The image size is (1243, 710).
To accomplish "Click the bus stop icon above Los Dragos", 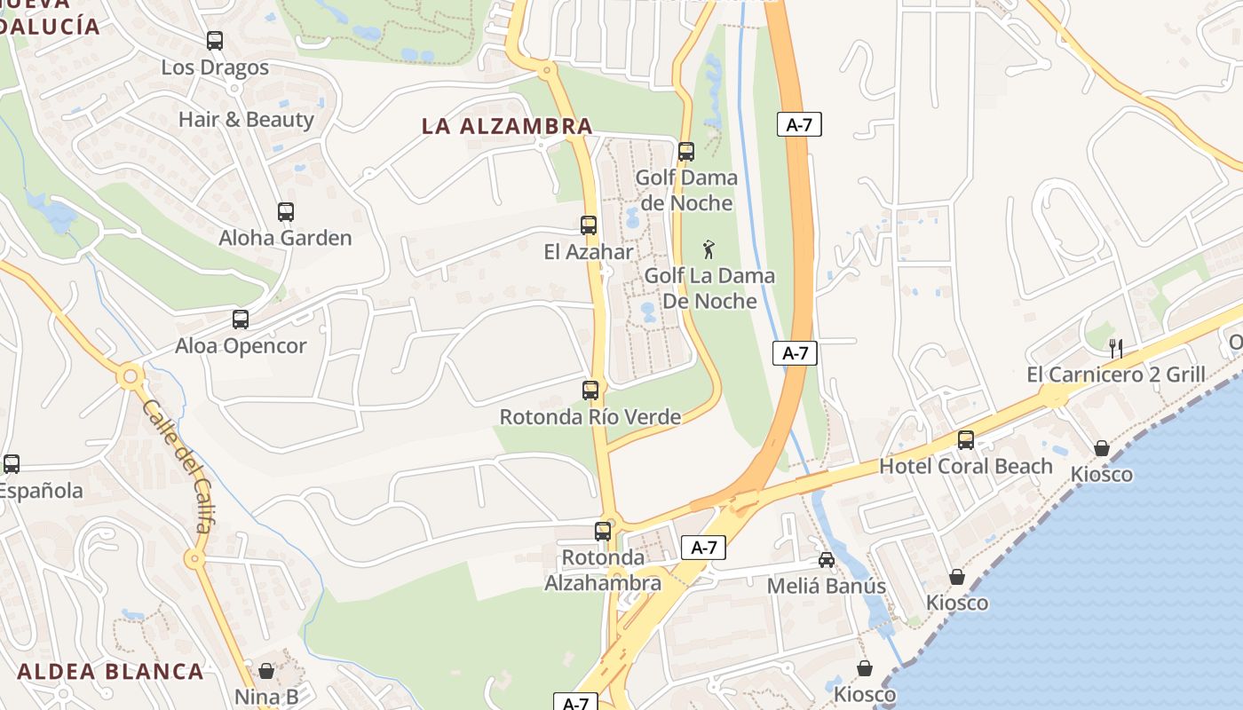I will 215,41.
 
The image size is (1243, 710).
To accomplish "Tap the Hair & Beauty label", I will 246,120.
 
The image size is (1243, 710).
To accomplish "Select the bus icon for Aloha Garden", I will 285,212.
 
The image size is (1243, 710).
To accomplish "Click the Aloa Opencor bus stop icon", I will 241,319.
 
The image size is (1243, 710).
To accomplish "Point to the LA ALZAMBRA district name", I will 507,126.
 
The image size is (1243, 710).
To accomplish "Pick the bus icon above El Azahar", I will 589,225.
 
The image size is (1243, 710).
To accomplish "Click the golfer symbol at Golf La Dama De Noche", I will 709,249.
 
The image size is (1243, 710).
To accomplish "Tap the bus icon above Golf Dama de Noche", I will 686,152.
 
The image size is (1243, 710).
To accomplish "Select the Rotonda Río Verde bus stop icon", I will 590,390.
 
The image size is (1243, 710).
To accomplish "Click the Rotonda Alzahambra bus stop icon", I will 603,532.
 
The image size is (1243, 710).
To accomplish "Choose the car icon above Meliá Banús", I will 827,560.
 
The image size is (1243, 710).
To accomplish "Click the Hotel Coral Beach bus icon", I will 966,439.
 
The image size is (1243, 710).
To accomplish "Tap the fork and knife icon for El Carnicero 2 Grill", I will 1116,348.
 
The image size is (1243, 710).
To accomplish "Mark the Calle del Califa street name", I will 178,467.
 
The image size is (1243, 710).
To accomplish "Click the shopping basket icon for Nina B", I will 266,671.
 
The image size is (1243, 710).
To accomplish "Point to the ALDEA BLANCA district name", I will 110,671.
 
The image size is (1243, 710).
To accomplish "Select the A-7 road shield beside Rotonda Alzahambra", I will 703,548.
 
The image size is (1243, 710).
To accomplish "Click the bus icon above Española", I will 12,463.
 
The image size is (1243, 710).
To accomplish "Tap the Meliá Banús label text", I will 827,586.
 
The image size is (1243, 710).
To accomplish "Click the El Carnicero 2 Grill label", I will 1116,375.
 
